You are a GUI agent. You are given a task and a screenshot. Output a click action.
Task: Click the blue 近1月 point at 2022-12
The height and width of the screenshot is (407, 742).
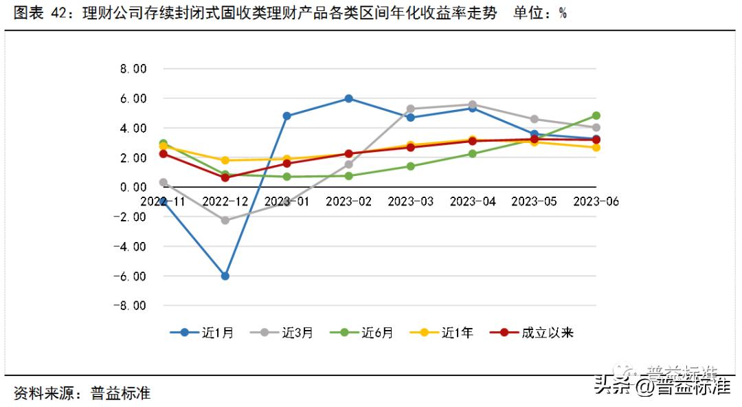(x=225, y=276)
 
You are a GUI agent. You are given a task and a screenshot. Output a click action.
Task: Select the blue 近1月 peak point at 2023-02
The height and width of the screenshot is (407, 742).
(x=348, y=98)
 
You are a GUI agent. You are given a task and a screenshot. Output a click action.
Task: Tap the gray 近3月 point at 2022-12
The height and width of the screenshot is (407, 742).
(x=225, y=220)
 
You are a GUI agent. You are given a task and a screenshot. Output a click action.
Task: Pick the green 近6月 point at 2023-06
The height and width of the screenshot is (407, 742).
(x=596, y=115)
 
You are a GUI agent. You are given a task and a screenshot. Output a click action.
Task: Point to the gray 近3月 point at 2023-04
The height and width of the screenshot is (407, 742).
(x=473, y=104)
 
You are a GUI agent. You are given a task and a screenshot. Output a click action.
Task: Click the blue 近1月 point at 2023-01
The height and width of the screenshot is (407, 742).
(x=286, y=115)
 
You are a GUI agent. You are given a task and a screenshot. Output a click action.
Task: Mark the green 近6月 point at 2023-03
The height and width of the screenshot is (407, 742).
(x=411, y=166)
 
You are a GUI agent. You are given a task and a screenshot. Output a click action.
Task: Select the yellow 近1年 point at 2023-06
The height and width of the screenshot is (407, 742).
(x=596, y=147)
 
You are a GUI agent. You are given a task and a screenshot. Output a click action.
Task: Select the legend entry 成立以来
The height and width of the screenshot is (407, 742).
(x=532, y=333)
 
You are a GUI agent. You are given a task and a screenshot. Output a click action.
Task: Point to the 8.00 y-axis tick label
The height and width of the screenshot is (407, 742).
(x=134, y=69)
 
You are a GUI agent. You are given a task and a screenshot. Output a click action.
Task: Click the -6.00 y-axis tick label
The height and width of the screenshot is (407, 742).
(x=132, y=276)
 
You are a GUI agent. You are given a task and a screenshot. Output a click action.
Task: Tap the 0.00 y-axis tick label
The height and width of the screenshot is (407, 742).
(x=134, y=187)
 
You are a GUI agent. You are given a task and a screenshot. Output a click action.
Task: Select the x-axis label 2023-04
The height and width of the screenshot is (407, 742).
(x=473, y=201)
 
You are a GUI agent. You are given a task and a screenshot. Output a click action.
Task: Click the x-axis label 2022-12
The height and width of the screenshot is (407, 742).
(x=225, y=201)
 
